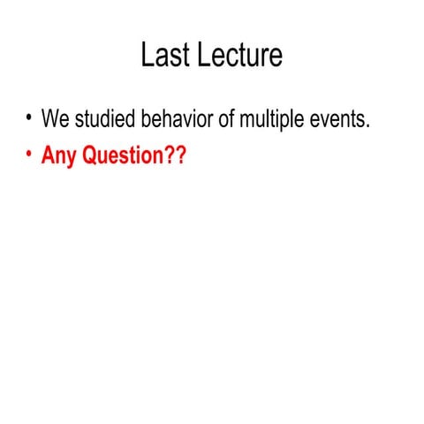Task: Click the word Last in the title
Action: click(165, 55)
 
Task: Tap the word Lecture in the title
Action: click(239, 55)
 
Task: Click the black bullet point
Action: click(28, 117)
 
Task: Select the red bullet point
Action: click(28, 155)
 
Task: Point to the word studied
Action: click(104, 119)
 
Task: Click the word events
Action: click(338, 119)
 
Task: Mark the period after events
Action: click(367, 126)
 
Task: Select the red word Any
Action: click(58, 157)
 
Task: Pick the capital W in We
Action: click(49, 119)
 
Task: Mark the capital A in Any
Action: click(48, 155)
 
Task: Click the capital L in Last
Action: click(147, 55)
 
